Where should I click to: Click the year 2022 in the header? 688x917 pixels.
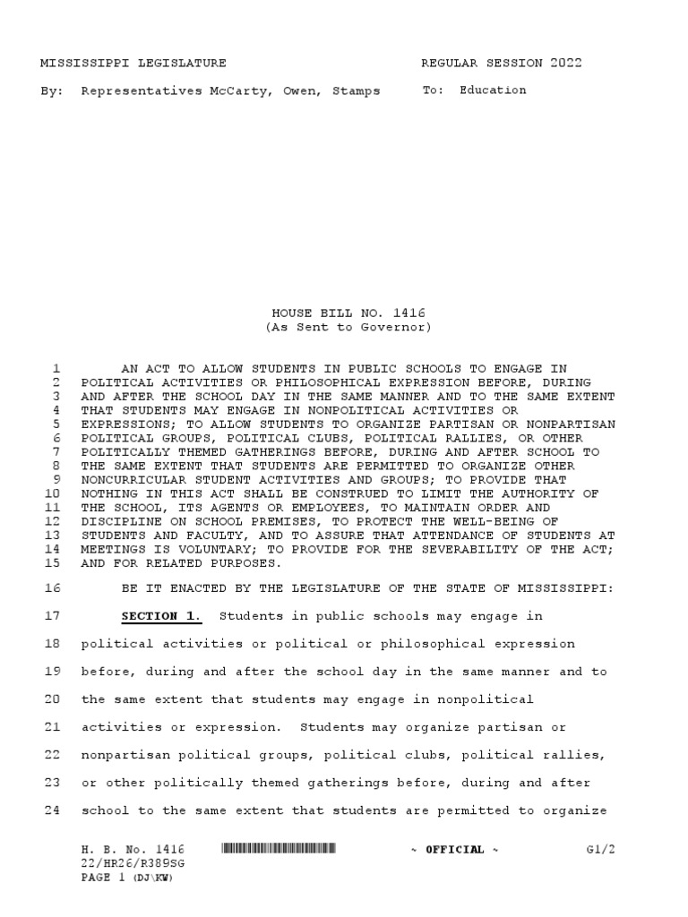tap(566, 63)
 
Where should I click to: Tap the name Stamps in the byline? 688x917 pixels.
tap(357, 90)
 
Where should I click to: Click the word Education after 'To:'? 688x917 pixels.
tap(493, 90)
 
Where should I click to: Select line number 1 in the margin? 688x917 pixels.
tap(56, 368)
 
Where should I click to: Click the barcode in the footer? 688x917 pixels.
tap(279, 849)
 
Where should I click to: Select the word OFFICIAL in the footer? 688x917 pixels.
tap(455, 850)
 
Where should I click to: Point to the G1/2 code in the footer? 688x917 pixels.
tap(600, 849)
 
